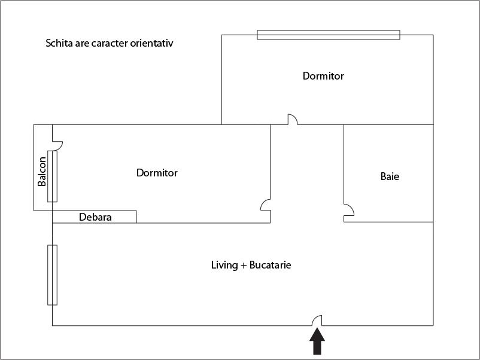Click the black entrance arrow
click(x=317, y=341)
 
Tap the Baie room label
click(x=390, y=176)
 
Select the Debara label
click(x=95, y=217)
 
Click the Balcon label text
click(x=42, y=171)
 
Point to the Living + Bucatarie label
click(x=251, y=265)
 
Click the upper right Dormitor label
click(x=323, y=76)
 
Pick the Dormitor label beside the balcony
click(x=157, y=173)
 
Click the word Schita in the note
click(x=59, y=43)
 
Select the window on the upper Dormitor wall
click(x=329, y=35)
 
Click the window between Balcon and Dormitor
click(x=52, y=176)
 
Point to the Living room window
click(x=52, y=275)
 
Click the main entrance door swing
click(x=317, y=321)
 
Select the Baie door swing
click(x=349, y=210)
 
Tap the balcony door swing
click(x=57, y=145)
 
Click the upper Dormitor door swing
click(x=293, y=119)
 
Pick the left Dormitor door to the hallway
click(x=265, y=205)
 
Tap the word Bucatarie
click(x=271, y=265)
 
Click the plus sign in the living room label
click(x=244, y=266)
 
